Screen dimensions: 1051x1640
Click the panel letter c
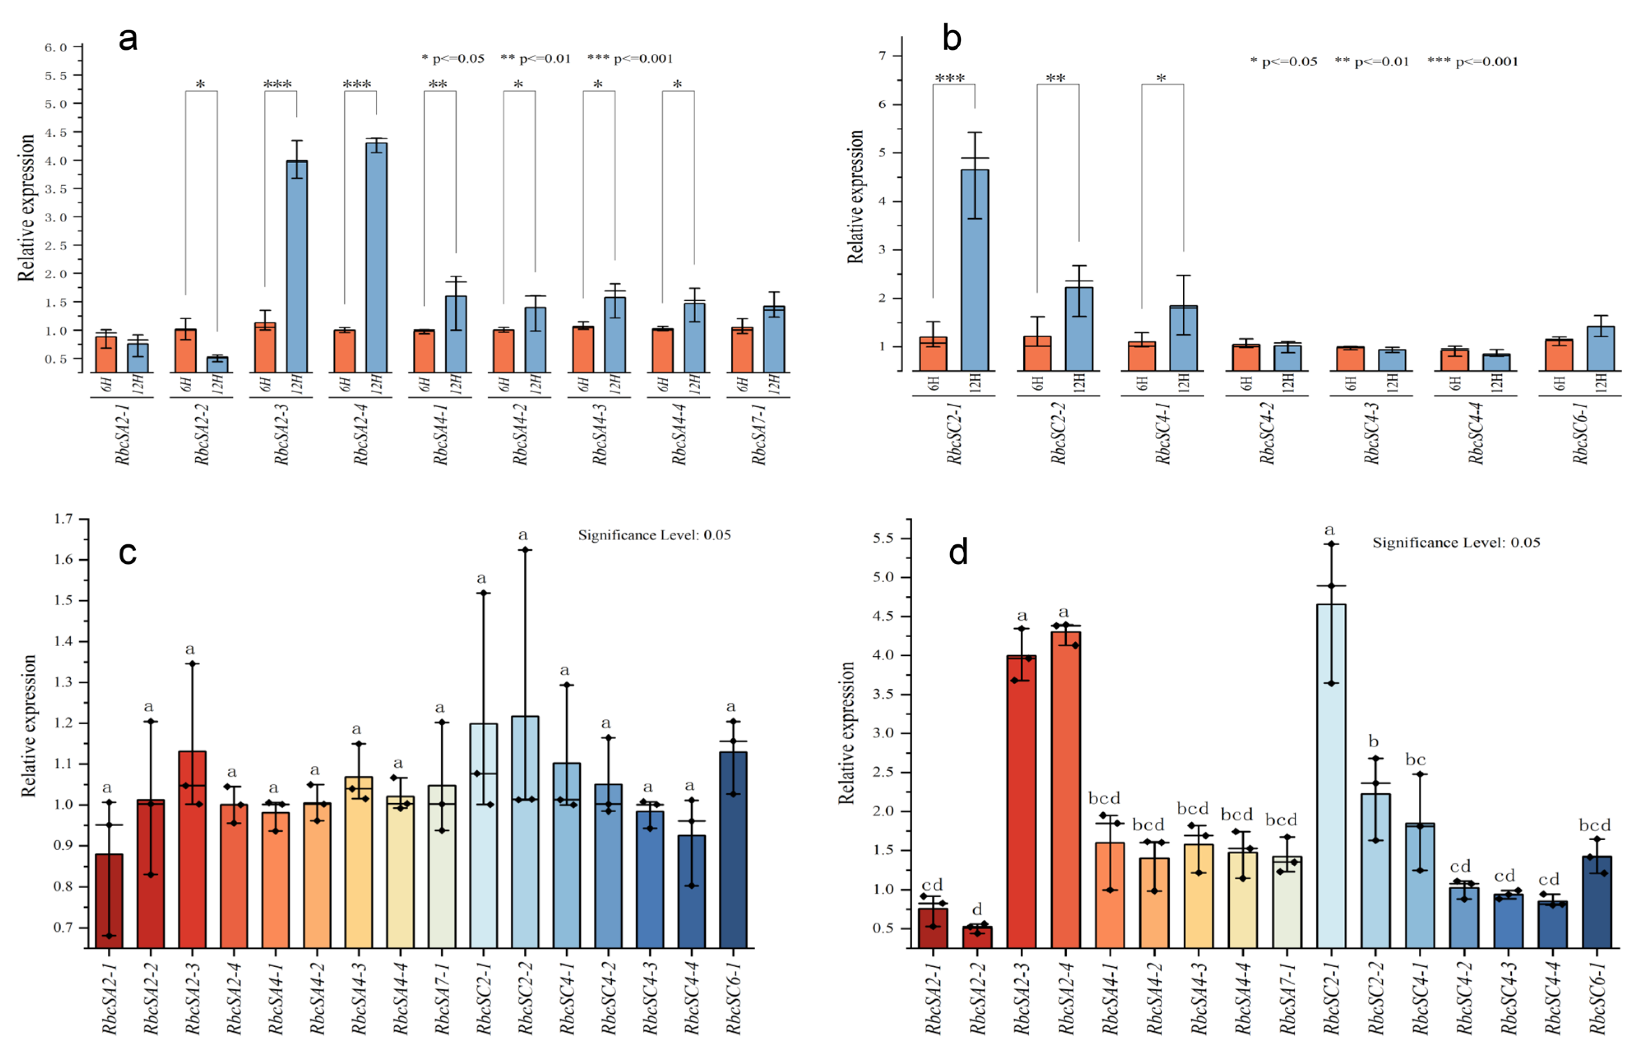point(128,553)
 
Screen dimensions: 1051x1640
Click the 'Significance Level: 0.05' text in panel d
point(1456,543)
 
